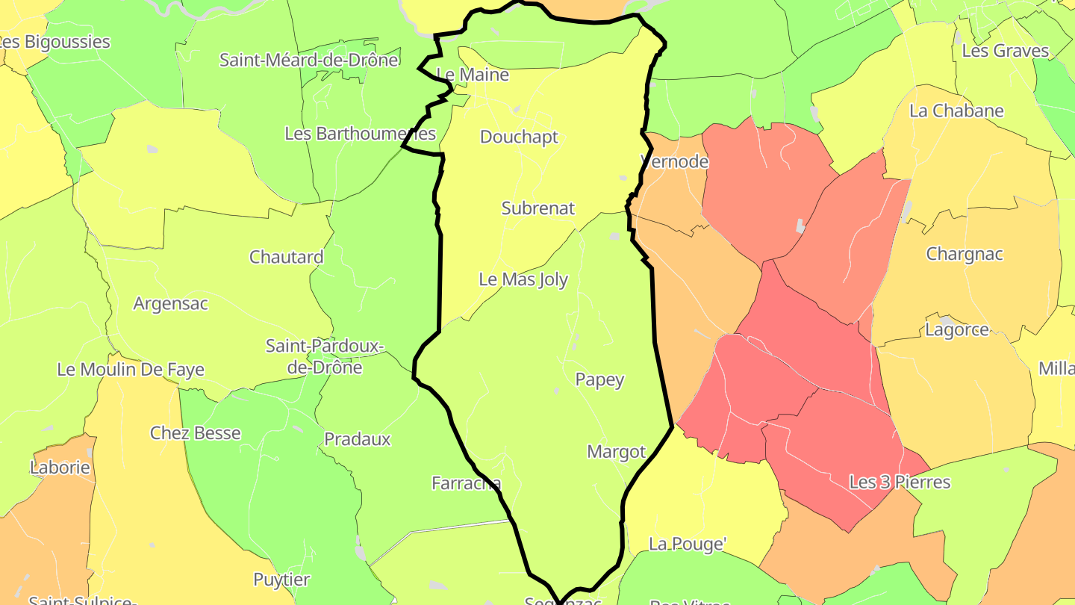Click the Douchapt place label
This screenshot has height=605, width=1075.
(519, 137)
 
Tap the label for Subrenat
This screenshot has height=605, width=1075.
(538, 208)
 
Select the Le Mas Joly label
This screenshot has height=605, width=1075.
(523, 280)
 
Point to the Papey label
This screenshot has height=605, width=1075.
(599, 380)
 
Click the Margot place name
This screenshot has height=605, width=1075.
(616, 452)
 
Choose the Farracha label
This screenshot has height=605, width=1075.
(466, 483)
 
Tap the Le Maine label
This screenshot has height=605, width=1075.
(473, 75)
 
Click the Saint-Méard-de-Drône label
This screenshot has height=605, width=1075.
(308, 60)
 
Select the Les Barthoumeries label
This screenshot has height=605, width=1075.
(360, 134)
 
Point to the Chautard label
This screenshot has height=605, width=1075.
(286, 258)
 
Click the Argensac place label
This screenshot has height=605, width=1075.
(170, 304)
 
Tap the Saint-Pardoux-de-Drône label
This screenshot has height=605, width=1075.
(325, 356)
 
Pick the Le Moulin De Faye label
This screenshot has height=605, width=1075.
(131, 370)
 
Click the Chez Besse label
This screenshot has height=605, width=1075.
(196, 433)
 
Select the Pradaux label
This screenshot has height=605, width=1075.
(357, 439)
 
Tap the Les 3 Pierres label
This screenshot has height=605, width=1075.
(900, 483)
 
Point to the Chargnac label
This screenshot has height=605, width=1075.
(965, 254)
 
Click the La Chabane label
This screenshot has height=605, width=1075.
(956, 111)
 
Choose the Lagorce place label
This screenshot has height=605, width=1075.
(956, 330)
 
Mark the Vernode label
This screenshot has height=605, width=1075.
(675, 162)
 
